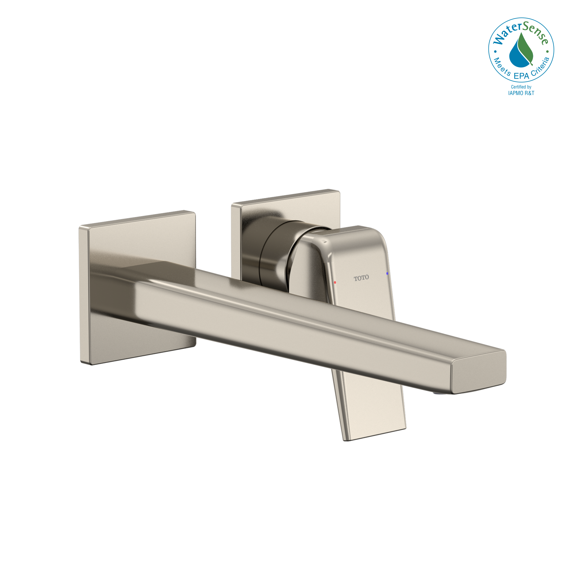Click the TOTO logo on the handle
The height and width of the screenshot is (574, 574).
click(x=361, y=278)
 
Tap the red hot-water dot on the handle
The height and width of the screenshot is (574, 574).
click(x=335, y=282)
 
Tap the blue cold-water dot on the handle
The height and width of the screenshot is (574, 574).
click(x=387, y=273)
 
